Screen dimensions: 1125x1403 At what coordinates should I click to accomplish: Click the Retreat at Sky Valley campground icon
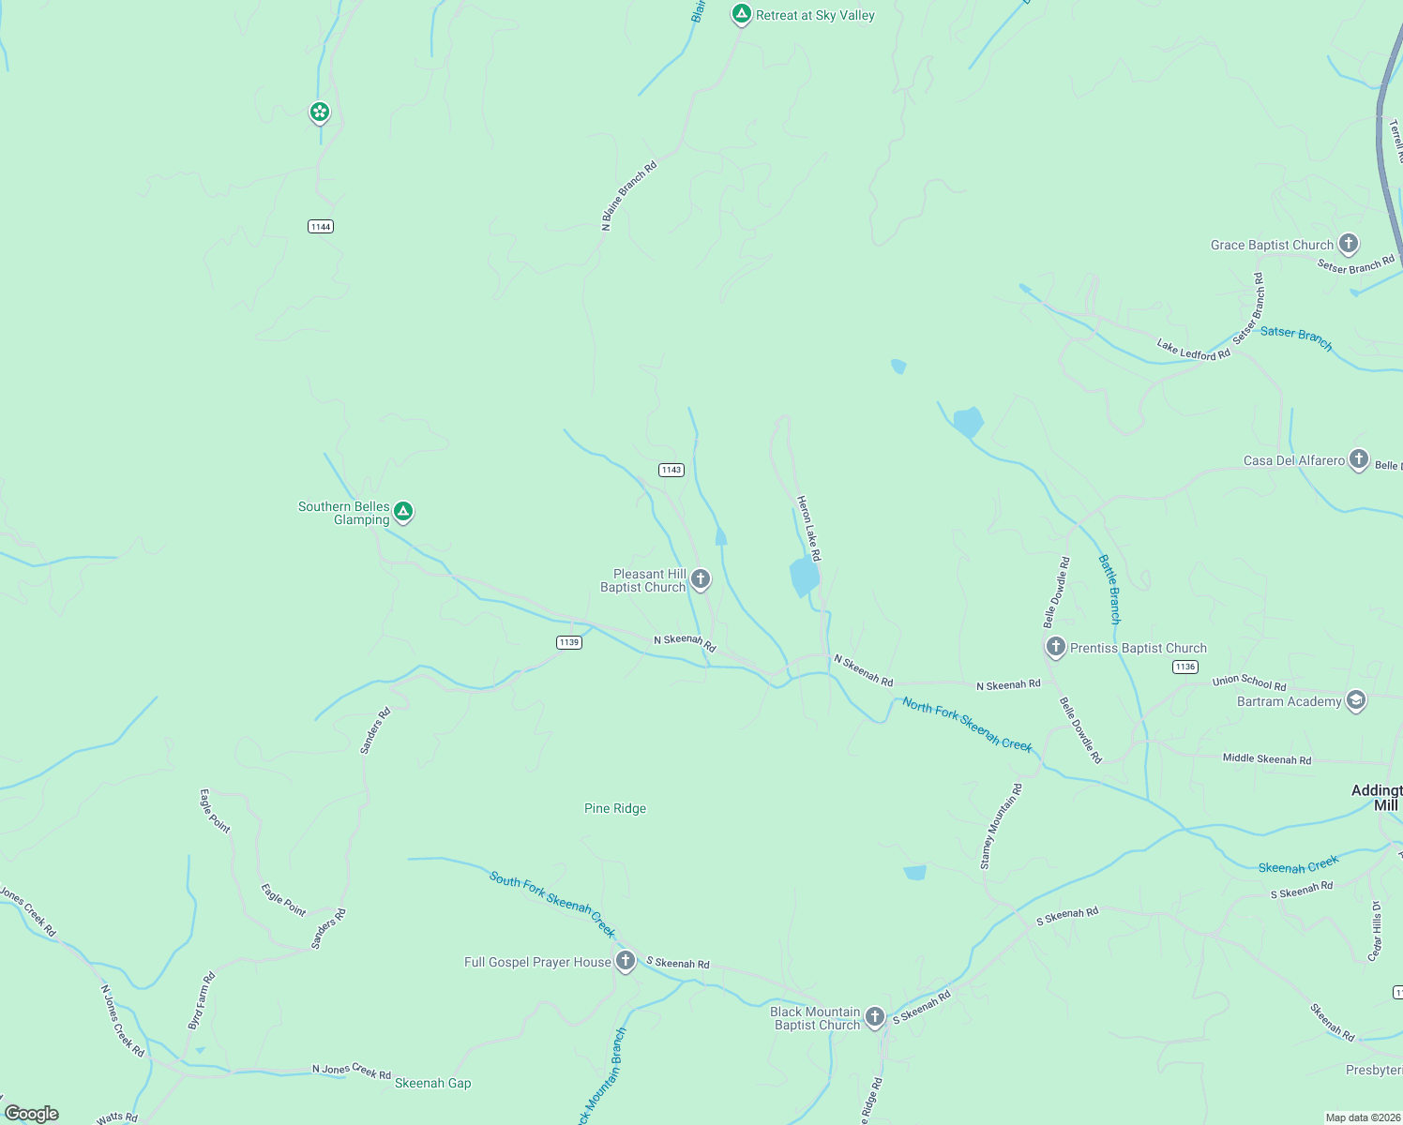(741, 14)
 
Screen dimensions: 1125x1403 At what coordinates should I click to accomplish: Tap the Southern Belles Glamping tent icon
(403, 511)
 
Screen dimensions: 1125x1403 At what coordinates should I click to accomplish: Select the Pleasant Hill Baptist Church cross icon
(701, 578)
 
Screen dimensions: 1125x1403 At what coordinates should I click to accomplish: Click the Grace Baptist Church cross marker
(1349, 244)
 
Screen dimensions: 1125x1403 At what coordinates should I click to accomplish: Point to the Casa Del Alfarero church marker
(1358, 459)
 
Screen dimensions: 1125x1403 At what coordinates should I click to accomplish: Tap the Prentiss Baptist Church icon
(1056, 646)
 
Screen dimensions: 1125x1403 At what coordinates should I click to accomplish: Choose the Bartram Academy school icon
(1355, 700)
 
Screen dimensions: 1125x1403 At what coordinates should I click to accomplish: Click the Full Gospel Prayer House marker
(626, 961)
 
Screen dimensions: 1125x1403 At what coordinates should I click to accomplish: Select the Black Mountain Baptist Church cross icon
(875, 1016)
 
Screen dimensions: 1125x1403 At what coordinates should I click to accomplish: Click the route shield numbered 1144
(321, 226)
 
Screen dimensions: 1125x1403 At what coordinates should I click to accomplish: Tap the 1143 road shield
(671, 470)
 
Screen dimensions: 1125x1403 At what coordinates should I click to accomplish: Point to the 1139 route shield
(569, 642)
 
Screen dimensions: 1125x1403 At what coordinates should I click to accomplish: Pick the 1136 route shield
(1185, 667)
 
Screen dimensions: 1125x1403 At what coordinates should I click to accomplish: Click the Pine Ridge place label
(615, 808)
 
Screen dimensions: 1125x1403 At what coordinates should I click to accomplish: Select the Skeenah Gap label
(432, 1083)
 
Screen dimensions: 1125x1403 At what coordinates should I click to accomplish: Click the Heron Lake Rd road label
(808, 529)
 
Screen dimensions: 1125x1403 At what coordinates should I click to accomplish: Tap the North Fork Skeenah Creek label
(967, 725)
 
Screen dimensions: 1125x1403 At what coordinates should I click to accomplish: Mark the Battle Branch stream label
(1109, 590)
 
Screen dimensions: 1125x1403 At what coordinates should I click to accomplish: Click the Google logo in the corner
(32, 1113)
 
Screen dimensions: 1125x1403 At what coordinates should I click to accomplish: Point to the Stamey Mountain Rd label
(1001, 827)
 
